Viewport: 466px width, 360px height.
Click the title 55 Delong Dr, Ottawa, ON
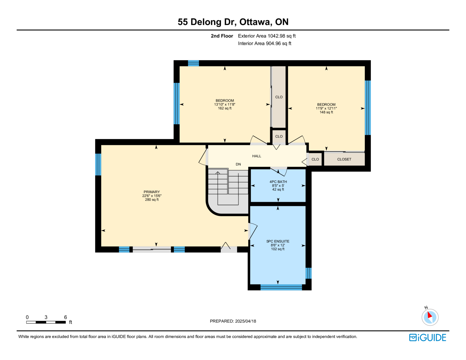[x=233, y=22]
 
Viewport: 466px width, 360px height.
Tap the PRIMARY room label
[x=152, y=192]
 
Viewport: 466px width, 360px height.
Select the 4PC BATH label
[x=278, y=182]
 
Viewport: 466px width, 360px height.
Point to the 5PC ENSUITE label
[x=278, y=241]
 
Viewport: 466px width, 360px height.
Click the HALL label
[x=257, y=156]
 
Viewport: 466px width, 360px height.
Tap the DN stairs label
[x=238, y=164]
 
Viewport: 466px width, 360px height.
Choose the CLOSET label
[x=344, y=159]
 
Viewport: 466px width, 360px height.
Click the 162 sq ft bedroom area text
[x=225, y=108]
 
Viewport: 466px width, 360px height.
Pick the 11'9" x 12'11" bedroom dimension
[x=326, y=108]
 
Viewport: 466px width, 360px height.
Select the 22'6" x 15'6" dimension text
[x=152, y=196]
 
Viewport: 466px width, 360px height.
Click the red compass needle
[x=430, y=315]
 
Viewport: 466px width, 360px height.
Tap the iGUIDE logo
[x=427, y=338]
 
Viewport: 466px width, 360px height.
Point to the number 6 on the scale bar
[x=66, y=317]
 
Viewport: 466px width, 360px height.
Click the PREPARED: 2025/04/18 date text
[x=233, y=321]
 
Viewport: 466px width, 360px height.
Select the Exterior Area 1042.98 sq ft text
[x=267, y=36]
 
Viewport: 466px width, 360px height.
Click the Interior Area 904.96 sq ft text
[x=265, y=43]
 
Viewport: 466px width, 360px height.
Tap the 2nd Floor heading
[x=222, y=36]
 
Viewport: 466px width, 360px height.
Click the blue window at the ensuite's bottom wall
[x=281, y=287]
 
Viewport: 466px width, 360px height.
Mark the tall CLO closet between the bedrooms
[x=279, y=97]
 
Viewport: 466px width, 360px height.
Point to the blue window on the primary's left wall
[x=98, y=165]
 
